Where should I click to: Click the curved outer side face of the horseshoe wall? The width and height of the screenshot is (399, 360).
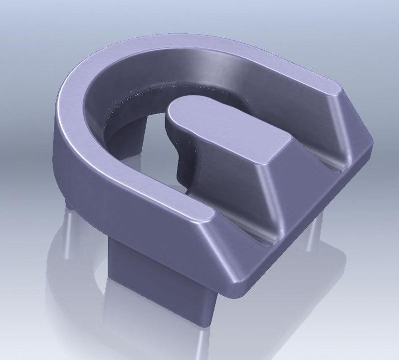[x=100, y=170]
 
